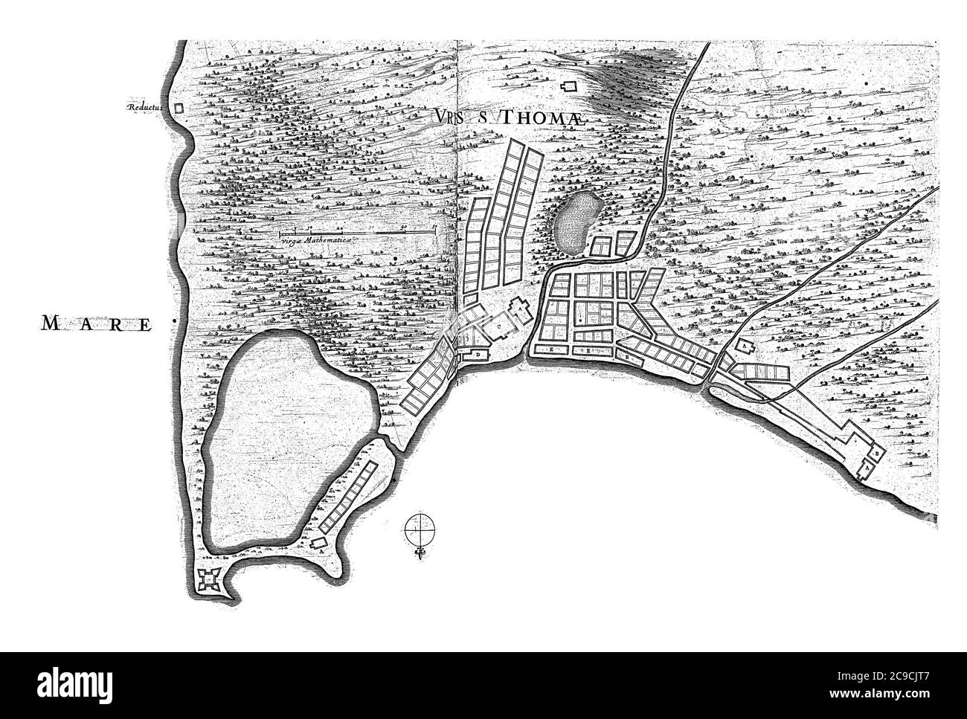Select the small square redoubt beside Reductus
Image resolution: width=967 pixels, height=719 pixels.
tap(178, 107)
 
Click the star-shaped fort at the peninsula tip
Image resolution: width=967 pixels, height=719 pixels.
tap(207, 578)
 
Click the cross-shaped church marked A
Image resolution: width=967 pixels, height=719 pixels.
tap(520, 309)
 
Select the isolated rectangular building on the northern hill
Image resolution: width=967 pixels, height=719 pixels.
tap(571, 87)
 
